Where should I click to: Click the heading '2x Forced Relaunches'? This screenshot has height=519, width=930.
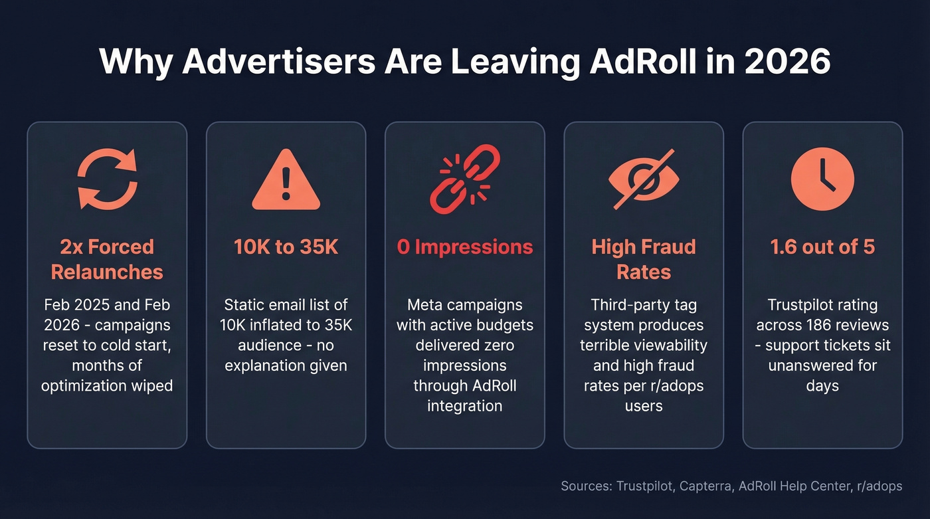coord(107,259)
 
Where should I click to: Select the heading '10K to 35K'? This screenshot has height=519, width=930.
coord(286,247)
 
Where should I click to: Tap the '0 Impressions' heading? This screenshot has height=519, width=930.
coord(464,247)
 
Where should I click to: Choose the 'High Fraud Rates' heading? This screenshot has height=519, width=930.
coord(643,259)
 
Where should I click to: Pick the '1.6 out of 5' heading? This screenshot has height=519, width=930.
coord(822,247)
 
